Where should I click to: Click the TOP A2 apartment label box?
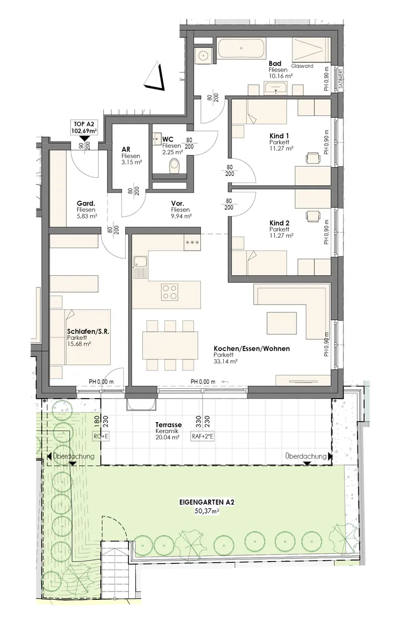click(85, 127)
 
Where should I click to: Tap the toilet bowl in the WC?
click(174, 166)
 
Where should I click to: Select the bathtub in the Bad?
click(241, 49)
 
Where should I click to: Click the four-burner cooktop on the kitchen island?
click(170, 292)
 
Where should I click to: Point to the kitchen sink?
click(140, 267)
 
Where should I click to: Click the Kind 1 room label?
click(279, 136)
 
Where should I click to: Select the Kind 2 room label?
click(280, 223)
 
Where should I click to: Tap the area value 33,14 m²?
click(225, 361)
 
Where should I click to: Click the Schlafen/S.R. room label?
click(88, 331)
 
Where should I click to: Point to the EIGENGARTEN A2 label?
click(207, 502)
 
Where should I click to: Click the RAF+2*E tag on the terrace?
click(202, 436)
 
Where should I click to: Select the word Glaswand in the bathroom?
click(302, 66)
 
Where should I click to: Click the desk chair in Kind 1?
click(313, 158)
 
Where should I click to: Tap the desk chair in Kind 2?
click(313, 216)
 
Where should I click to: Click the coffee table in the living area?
click(281, 323)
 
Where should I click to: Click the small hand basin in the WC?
click(157, 138)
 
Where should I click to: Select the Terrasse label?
click(169, 425)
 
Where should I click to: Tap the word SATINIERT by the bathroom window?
click(340, 79)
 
